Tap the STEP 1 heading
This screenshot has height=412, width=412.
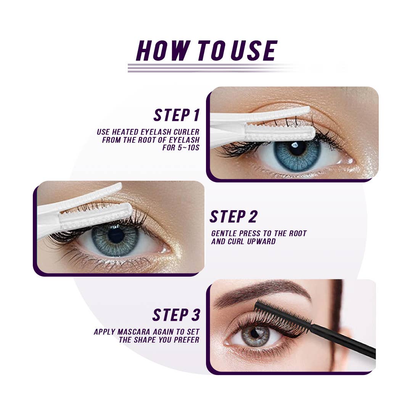[177, 115]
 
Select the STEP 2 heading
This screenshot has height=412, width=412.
[233, 217]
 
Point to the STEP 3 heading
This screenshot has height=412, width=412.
[176, 315]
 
